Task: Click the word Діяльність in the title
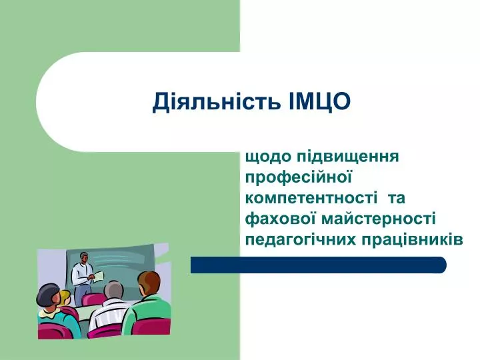point(217,101)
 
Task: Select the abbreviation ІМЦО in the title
point(319,101)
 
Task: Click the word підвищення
point(348,157)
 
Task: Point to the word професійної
point(298,178)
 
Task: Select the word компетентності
point(311,198)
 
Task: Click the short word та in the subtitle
point(397,199)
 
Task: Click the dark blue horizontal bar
point(319,265)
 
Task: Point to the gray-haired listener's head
point(114,291)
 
